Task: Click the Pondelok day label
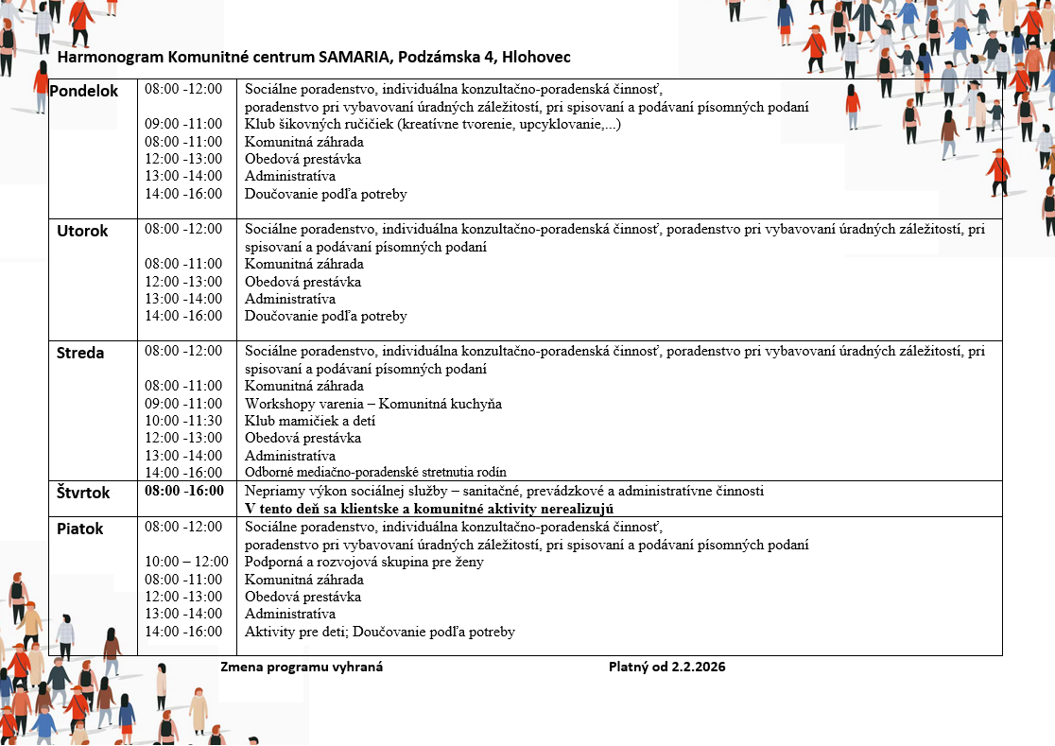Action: click(x=84, y=92)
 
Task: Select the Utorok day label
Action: click(x=84, y=231)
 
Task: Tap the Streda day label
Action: click(x=80, y=353)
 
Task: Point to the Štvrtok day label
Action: click(x=82, y=493)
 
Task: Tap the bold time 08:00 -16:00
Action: click(x=184, y=491)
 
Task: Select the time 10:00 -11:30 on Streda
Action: click(x=183, y=421)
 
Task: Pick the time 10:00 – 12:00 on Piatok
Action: click(x=186, y=562)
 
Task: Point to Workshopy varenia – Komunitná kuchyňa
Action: click(x=372, y=404)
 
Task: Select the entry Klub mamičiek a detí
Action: click(x=310, y=421)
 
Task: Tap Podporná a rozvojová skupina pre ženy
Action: click(x=364, y=562)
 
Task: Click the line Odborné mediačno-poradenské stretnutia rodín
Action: click(x=375, y=473)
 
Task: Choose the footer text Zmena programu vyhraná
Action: click(x=302, y=667)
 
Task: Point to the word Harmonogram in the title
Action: click(x=105, y=58)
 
